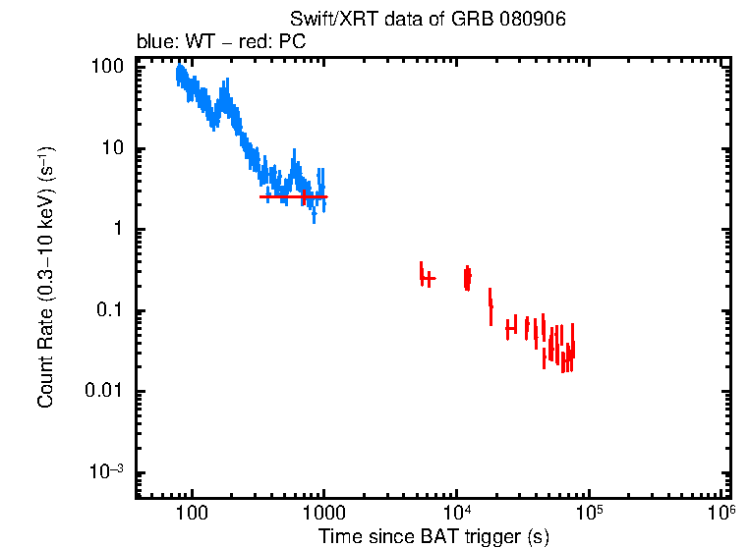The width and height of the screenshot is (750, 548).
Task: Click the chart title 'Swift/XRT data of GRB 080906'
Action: pyautogui.click(x=428, y=20)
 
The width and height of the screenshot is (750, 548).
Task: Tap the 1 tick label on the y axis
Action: pyautogui.click(x=118, y=230)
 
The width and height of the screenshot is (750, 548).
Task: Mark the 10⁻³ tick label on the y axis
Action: pyautogui.click(x=107, y=472)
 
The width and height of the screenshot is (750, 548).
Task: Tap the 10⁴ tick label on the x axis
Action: pyautogui.click(x=457, y=513)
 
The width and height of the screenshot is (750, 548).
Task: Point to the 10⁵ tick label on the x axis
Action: pyautogui.click(x=590, y=513)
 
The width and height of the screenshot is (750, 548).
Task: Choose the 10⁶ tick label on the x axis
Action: pyautogui.click(x=721, y=513)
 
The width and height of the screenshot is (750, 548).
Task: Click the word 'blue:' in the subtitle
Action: pyautogui.click(x=155, y=43)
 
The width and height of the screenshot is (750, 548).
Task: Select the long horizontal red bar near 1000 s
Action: pyautogui.click(x=293, y=196)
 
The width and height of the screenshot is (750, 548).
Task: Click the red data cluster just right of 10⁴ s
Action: pyautogui.click(x=468, y=278)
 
